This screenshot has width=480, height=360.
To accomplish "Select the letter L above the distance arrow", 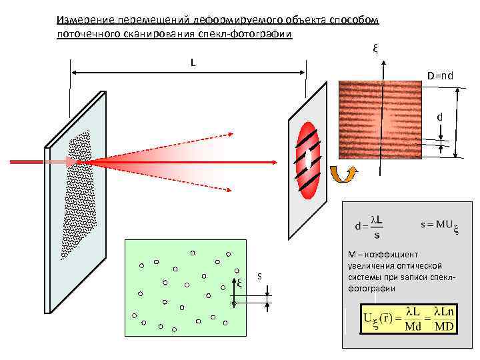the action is pyautogui.click(x=193, y=63).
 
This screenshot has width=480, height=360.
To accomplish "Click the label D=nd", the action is pyautogui.click(x=441, y=75).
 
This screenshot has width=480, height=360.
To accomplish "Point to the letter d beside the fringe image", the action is pyautogui.click(x=439, y=117).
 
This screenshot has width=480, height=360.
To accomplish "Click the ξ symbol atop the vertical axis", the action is pyautogui.click(x=376, y=48).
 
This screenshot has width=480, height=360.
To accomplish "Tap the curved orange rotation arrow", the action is pyautogui.click(x=346, y=175).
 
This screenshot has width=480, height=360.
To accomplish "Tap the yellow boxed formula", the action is pyautogui.click(x=407, y=319).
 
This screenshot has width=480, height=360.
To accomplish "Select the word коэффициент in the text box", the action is pyautogui.click(x=392, y=254).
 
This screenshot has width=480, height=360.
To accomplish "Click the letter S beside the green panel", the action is pyautogui.click(x=259, y=276).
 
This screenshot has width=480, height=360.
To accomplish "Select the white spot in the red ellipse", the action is pyautogui.click(x=309, y=159).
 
